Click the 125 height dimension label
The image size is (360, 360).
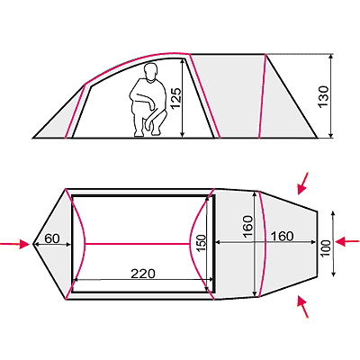(x=175, y=98)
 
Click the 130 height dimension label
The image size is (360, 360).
(x=323, y=96)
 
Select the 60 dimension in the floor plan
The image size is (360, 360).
(x=52, y=238)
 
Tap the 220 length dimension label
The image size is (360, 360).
(x=143, y=274)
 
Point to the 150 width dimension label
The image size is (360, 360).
(x=201, y=243)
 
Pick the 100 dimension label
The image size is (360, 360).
(x=325, y=247)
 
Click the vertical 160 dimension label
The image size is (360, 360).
(x=248, y=227)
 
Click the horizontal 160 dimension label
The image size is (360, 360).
(x=282, y=237)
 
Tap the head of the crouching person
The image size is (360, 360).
(x=151, y=72)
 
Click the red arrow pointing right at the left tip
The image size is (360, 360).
(x=15, y=244)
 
